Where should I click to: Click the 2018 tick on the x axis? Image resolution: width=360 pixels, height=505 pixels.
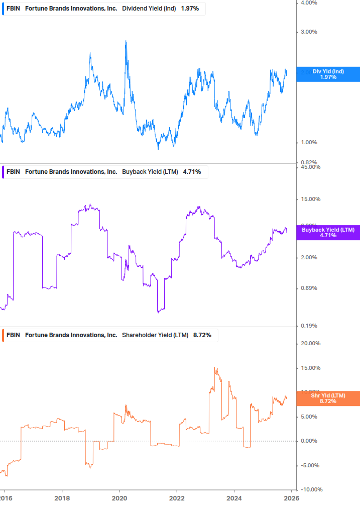coord(62,497)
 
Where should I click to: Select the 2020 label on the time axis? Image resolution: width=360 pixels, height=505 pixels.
coord(119,497)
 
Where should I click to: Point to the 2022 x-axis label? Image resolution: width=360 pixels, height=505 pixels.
coord(177,497)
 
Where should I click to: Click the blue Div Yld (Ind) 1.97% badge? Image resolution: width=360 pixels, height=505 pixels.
coord(328,74)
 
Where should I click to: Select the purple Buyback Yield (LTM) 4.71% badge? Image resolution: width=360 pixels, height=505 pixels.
coord(328,233)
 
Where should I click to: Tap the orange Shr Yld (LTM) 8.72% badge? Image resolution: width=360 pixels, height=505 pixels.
coord(328,399)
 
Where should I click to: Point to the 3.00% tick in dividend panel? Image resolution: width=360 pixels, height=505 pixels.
coord(309,32)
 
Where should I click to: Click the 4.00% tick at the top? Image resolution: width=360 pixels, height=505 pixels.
coord(309,3)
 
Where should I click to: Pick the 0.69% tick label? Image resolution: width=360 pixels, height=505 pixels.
coord(309,288)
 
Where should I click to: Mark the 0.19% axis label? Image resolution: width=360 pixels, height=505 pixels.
coord(309,326)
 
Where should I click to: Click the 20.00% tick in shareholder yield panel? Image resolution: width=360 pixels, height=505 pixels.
coord(310,344)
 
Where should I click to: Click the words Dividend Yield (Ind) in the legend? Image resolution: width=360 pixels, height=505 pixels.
coord(149,8)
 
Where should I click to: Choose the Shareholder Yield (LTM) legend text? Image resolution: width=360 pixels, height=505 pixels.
coord(156,335)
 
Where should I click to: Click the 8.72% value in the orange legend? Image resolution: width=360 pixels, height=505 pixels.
coord(202,335)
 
